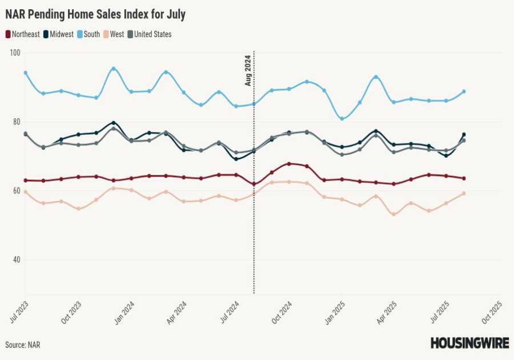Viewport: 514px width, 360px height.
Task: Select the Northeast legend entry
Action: tap(23, 34)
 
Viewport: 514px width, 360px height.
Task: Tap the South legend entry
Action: tap(90, 34)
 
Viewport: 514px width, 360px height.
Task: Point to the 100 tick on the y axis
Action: tap(15, 53)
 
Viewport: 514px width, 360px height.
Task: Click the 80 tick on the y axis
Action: tap(15, 122)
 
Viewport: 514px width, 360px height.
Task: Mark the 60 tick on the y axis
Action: tap(15, 191)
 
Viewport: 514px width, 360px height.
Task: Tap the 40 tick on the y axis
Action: tap(15, 260)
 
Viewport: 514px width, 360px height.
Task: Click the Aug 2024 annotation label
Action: tap(248, 70)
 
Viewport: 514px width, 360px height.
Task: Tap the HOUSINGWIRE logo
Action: tap(469, 343)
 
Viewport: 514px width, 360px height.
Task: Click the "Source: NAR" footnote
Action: tap(23, 345)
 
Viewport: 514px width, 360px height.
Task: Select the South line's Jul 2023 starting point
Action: tap(26, 73)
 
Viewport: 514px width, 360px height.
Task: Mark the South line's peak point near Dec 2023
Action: tap(114, 69)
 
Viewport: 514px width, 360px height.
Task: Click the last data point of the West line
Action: tap(464, 193)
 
